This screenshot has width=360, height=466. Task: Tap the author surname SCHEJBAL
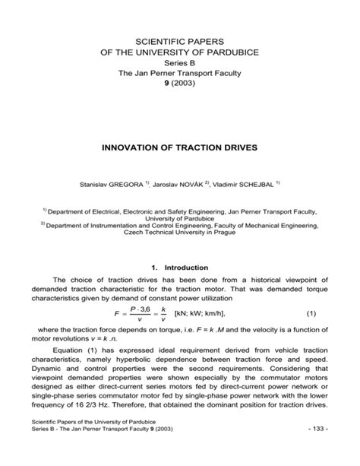(x=254, y=183)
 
